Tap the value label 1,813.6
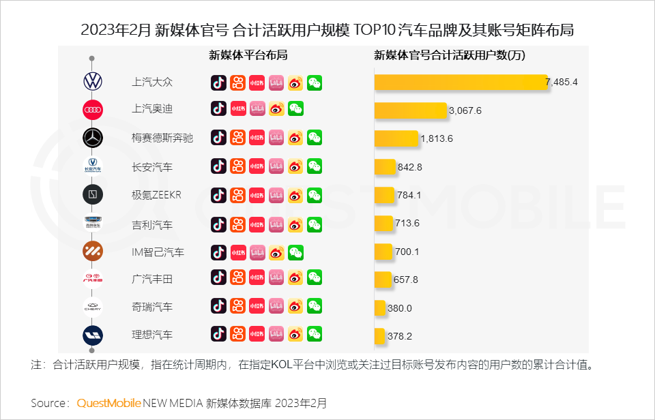(x=437, y=138)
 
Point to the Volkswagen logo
(x=92, y=82)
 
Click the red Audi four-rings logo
(x=92, y=110)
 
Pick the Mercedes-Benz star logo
(x=92, y=138)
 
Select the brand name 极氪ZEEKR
(x=156, y=196)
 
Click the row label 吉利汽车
(x=152, y=224)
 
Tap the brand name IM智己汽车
(x=158, y=252)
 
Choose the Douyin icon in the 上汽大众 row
(x=218, y=82)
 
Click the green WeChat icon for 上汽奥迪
(x=295, y=108)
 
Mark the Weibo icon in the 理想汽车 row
(x=295, y=334)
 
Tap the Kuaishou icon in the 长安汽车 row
(x=237, y=166)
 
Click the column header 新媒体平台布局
(x=248, y=56)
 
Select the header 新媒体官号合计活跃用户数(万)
(x=450, y=56)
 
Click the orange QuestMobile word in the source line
(x=109, y=402)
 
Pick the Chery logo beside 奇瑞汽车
(x=92, y=307)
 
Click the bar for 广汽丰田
(x=383, y=280)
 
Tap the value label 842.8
(x=410, y=167)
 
